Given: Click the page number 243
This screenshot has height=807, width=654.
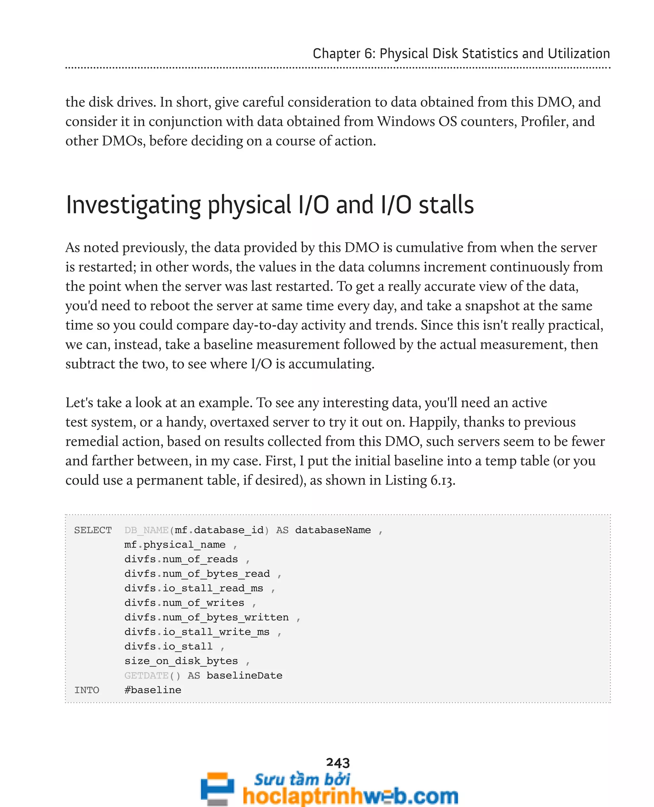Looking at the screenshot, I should pos(338,763).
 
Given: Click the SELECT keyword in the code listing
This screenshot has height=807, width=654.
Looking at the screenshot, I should pos(93,530).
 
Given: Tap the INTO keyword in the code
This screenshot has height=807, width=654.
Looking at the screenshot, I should pos(87,690).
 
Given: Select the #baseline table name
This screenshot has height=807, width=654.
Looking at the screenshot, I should pos(153,690).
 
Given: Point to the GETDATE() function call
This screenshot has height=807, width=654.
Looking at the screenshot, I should pos(152,675).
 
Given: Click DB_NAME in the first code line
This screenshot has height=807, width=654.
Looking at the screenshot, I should pos(147,530).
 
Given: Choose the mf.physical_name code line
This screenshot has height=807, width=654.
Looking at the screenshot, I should pos(175,545).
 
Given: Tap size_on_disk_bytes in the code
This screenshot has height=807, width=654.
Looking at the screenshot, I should pos(181,661).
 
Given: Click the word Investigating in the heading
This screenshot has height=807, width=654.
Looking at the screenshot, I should pos(133,205).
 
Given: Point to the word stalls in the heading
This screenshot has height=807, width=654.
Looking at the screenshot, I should pos(446,205).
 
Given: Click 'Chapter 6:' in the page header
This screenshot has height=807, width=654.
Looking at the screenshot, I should pos(344,54).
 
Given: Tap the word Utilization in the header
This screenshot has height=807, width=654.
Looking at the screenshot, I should pos(579,54).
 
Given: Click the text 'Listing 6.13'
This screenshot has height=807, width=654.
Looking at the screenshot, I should pos(419,480).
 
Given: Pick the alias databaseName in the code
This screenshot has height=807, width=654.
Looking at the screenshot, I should pos(333,530).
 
